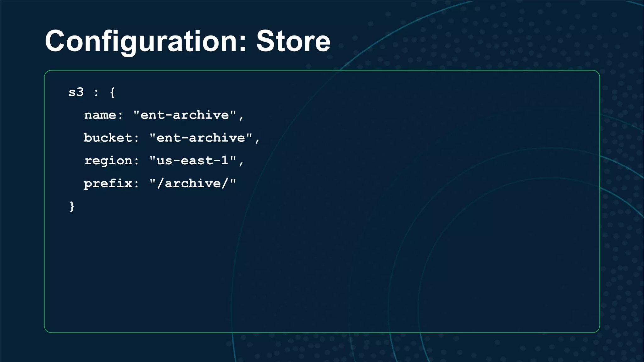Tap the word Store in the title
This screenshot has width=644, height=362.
pos(293,41)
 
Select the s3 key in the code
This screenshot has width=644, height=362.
pos(76,92)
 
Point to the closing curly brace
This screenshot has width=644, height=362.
pos(72,206)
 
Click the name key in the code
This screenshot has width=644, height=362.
pos(100,115)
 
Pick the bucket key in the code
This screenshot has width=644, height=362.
pos(108,138)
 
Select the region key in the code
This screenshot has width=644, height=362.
pos(108,161)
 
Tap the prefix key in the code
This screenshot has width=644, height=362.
pos(108,184)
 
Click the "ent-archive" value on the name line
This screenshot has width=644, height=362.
pos(185,115)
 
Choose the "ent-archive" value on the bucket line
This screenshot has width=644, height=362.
pos(201,138)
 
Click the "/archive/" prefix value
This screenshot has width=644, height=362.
pos(192,184)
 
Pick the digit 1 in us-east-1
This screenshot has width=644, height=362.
pos(225,161)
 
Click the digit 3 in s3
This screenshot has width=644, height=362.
pos(80,92)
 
